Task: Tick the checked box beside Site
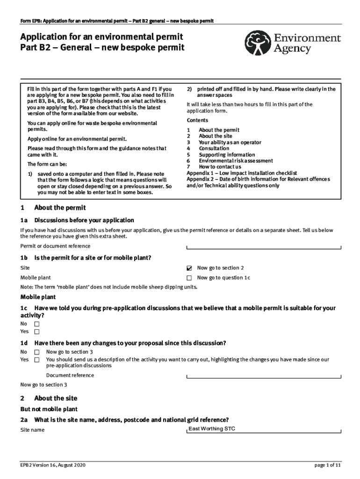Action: pos(189,269)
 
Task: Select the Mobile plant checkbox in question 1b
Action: pos(189,278)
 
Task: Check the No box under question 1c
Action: pos(37,324)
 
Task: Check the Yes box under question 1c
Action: pos(37,332)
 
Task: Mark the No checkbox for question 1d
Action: pos(37,352)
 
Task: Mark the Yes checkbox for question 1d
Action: pos(37,360)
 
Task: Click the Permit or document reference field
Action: pos(264,247)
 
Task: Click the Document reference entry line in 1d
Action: pos(264,376)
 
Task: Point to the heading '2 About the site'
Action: pos(49,398)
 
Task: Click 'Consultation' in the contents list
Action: pos(214,148)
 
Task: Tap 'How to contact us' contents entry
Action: pos(220,167)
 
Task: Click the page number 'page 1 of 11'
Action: pos(327,465)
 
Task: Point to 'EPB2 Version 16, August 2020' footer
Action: pos(53,465)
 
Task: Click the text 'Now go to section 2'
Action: pos(220,268)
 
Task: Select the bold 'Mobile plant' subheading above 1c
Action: pos(38,297)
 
